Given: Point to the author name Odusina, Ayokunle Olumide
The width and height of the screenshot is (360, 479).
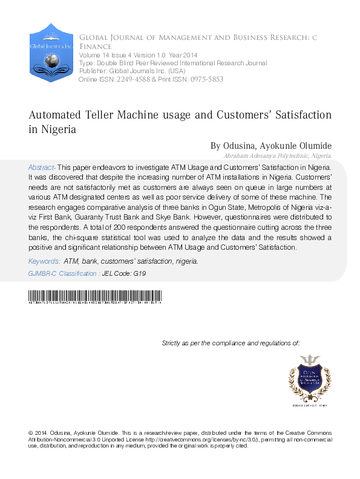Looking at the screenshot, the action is click(x=278, y=146).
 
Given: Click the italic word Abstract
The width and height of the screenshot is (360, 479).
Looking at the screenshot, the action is click(x=42, y=166).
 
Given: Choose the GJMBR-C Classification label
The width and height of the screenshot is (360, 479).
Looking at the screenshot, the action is click(x=64, y=273).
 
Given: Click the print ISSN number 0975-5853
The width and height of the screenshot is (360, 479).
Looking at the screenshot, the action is click(x=206, y=79).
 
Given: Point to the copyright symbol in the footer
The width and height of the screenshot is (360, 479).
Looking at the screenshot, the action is click(x=31, y=434).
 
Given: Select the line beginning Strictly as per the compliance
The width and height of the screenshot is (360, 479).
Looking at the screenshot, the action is click(x=231, y=343).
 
